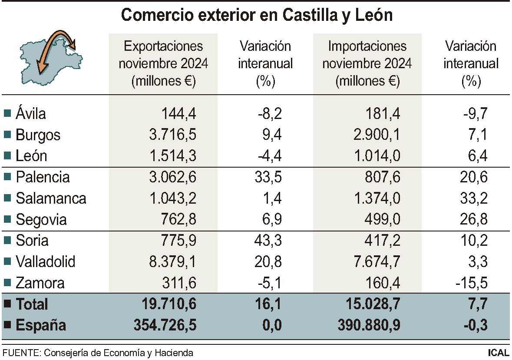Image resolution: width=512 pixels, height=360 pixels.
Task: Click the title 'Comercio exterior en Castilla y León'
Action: tap(256, 15)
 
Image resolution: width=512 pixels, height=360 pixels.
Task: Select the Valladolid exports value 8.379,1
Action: tap(173, 262)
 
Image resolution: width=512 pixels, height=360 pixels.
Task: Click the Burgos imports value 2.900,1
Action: tap(377, 135)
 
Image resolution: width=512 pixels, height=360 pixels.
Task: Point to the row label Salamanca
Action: tap(51, 198)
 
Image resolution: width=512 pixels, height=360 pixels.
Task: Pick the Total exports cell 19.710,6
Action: tap(169, 304)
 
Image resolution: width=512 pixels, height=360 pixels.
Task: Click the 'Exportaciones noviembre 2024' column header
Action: tap(163, 63)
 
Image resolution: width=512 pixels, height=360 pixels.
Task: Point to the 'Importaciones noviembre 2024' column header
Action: tap(367, 63)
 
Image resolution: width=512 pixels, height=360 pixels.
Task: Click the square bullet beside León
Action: tap(7, 156)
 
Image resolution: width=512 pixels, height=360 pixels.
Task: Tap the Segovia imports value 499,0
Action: tap(382, 220)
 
